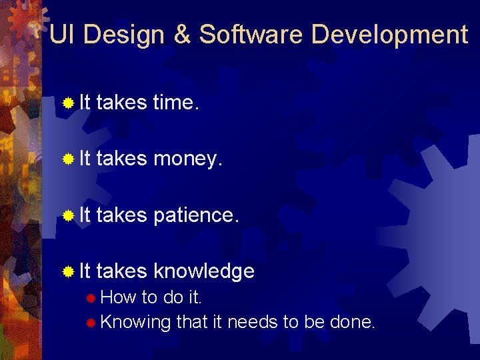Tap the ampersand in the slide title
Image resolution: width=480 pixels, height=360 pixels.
pyautogui.click(x=183, y=35)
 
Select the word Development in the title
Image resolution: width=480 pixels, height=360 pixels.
pyautogui.click(x=390, y=35)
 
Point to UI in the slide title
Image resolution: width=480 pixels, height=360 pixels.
pyautogui.click(x=62, y=35)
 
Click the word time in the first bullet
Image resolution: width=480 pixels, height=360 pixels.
pyautogui.click(x=175, y=103)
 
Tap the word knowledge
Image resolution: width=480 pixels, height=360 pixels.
pyautogui.click(x=203, y=271)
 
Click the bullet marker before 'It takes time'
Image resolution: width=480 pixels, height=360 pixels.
pyautogui.click(x=67, y=103)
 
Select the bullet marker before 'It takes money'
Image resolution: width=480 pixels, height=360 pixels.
pyautogui.click(x=67, y=159)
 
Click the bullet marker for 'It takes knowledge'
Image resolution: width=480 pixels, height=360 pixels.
pyautogui.click(x=67, y=271)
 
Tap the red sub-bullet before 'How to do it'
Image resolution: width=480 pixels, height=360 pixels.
pyautogui.click(x=91, y=297)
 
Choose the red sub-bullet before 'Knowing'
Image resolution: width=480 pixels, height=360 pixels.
pyautogui.click(x=91, y=323)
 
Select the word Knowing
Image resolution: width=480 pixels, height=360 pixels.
pyautogui.click(x=136, y=323)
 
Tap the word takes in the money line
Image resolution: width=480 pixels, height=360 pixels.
pyautogui.click(x=121, y=159)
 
